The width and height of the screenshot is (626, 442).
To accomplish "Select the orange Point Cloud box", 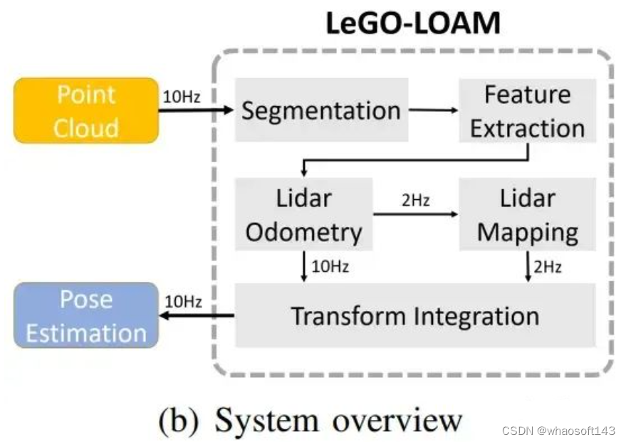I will [86, 111].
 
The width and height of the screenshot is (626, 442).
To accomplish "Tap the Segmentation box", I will [321, 110].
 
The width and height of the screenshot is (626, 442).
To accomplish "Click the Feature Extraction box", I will [527, 111].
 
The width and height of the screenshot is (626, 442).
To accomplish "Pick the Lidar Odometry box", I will [304, 215].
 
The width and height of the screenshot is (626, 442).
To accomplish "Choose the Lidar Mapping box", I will [527, 215].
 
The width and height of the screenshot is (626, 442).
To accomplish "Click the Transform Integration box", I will [415, 315].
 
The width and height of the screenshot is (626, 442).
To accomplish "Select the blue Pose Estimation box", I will [86, 316].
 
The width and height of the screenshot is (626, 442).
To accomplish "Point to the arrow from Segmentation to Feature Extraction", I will [433, 110].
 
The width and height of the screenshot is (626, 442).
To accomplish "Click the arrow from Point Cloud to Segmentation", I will [197, 110].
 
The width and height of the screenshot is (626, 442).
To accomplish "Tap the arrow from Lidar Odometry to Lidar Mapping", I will [415, 213].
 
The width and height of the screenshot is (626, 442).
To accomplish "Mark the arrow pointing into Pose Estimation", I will [197, 316].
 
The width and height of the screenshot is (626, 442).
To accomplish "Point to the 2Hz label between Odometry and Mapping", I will [415, 200].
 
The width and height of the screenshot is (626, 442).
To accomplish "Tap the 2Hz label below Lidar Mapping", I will [548, 267].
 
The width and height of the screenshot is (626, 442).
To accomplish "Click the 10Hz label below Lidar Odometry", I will [329, 267].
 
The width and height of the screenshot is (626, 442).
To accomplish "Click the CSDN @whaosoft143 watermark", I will [558, 431].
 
